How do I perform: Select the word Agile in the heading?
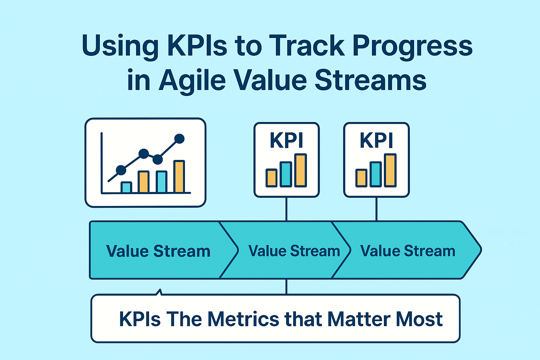tap(192, 81)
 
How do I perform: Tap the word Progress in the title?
tap(412, 46)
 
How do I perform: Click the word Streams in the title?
tap(370, 81)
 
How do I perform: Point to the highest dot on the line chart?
tap(179, 139)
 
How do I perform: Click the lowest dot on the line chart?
tap(121, 170)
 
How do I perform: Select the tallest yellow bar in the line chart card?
tap(179, 176)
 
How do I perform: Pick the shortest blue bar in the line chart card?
tap(126, 187)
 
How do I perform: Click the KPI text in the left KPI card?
tap(287, 141)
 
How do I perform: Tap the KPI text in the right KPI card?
tap(376, 141)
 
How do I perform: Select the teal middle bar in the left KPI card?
tap(286, 174)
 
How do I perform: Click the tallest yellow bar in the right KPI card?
tap(390, 170)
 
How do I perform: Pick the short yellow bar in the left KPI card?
tap(271, 178)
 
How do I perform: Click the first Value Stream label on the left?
tap(158, 251)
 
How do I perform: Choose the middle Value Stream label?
tap(294, 251)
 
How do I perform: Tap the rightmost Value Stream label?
tap(408, 251)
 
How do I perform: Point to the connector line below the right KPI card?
tap(377, 209)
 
